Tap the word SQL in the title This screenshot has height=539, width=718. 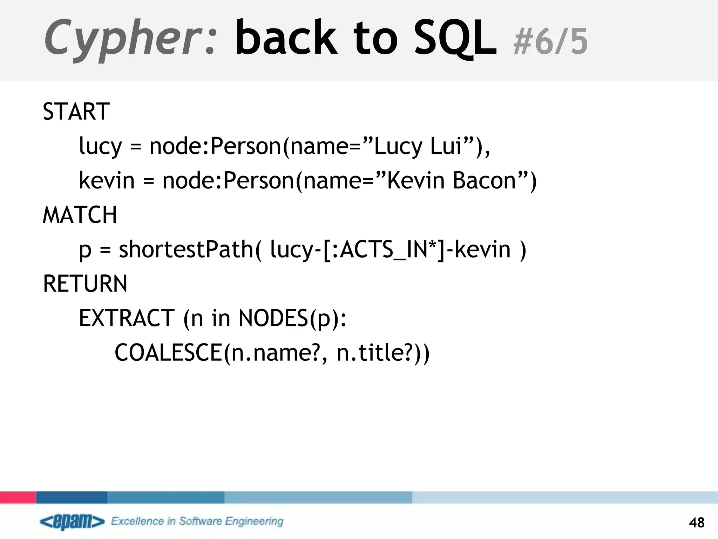[x=455, y=38]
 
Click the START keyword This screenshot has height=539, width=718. [x=76, y=112]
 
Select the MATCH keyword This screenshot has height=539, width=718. [x=80, y=215]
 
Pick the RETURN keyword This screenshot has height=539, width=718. [x=85, y=284]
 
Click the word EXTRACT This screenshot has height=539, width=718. [x=127, y=318]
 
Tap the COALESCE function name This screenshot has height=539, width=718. [x=168, y=352]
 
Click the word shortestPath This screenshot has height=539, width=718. [x=186, y=249]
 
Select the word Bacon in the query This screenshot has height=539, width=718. [x=484, y=180]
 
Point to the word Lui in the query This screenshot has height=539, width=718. [x=445, y=146]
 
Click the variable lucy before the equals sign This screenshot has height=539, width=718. [x=100, y=146]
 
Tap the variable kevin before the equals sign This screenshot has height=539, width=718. [x=107, y=180]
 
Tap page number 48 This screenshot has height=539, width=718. [x=697, y=523]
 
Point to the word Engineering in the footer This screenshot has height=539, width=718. [x=254, y=521]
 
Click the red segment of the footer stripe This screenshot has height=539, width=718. [x=18, y=497]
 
